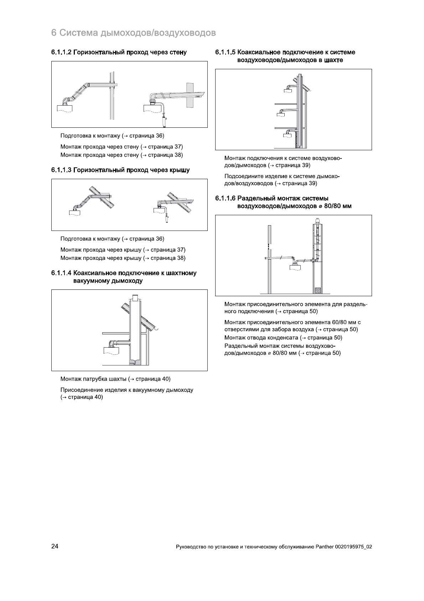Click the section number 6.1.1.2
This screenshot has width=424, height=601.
(x=61, y=52)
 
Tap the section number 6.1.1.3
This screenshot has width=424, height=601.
(x=61, y=170)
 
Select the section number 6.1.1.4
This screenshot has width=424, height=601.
(x=61, y=273)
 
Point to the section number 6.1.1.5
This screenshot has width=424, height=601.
(x=225, y=52)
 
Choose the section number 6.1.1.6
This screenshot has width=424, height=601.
(x=225, y=198)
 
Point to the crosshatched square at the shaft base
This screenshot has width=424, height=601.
(x=318, y=290)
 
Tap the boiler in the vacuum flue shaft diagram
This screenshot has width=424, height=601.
(x=111, y=350)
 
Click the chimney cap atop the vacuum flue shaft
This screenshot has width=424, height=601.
(x=135, y=298)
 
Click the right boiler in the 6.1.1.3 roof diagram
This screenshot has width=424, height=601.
(x=159, y=209)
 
